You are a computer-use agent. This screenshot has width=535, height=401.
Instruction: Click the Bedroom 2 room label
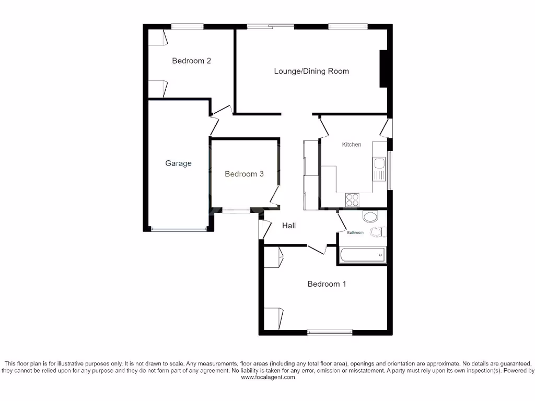[192, 61]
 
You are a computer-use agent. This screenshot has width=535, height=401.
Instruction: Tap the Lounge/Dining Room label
[311, 71]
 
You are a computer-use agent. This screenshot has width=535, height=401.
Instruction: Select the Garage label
[178, 163]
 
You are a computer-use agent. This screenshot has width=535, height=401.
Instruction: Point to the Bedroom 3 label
[244, 174]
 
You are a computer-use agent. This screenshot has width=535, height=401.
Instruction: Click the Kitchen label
[352, 145]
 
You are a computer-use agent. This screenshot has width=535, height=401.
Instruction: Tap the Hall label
[289, 226]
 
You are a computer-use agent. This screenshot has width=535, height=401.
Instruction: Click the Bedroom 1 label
[327, 284]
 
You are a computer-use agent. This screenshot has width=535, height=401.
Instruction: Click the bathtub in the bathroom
[363, 255]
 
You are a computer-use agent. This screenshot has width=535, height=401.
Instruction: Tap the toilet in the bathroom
[377, 231]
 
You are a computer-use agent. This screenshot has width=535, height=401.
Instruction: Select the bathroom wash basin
[370, 216]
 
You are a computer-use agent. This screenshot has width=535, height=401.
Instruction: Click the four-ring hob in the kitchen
[353, 200]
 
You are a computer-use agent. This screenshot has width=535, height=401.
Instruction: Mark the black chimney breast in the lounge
[383, 68]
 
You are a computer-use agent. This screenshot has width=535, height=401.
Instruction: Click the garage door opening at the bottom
[178, 229]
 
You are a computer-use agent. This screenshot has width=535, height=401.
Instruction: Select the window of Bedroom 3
[236, 210]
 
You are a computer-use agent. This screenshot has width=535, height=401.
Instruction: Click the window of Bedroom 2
[187, 26]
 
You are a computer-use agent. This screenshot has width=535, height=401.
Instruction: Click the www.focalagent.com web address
[267, 378]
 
